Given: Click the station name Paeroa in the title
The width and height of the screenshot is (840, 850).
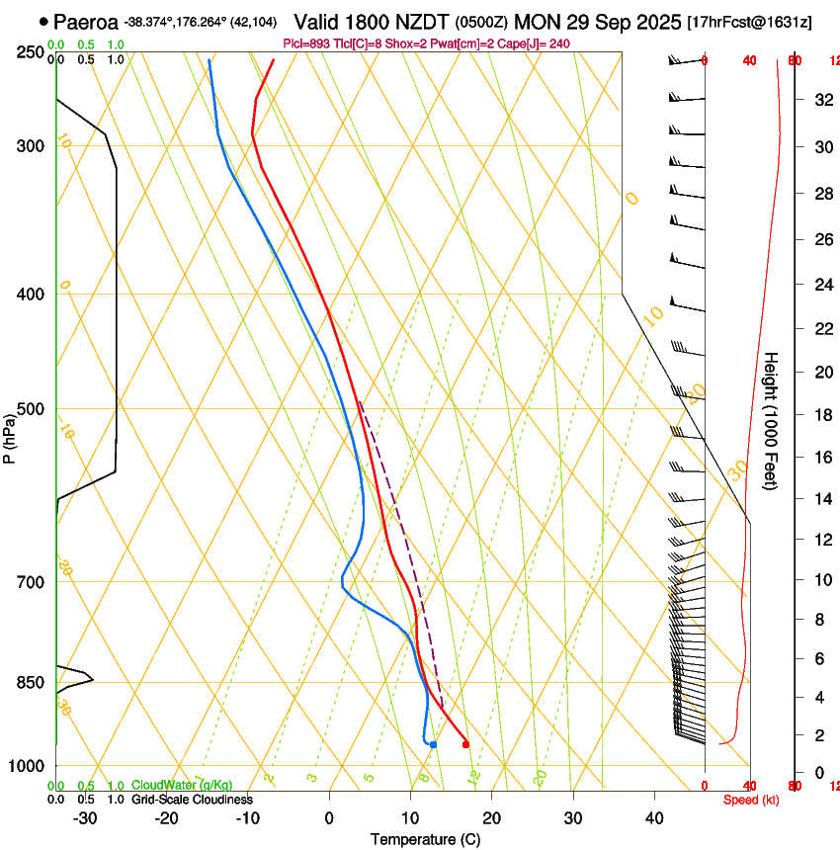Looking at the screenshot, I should [x=85, y=21].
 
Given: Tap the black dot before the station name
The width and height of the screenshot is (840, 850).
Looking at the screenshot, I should [x=43, y=21].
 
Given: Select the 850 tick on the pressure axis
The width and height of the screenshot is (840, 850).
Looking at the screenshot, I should [x=30, y=682].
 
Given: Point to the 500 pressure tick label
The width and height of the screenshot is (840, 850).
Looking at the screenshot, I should [x=30, y=408].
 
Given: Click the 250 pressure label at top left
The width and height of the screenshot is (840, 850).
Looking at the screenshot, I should [x=30, y=51].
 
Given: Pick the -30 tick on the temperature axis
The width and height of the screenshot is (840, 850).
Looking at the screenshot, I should [x=85, y=817].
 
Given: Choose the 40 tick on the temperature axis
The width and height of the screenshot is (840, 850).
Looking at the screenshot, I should [x=654, y=817].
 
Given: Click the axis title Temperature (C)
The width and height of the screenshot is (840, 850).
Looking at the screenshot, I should [x=425, y=839].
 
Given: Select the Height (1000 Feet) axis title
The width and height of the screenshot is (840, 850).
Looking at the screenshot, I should [x=772, y=420].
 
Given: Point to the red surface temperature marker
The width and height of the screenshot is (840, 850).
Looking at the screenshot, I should [x=465, y=744].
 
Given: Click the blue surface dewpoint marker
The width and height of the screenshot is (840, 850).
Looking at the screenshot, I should [x=433, y=744].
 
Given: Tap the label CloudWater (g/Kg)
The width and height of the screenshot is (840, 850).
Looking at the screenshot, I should [x=182, y=785].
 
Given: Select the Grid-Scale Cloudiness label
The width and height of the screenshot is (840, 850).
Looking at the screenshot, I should [x=192, y=799].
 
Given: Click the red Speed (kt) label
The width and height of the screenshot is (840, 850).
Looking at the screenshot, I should [x=751, y=800].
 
